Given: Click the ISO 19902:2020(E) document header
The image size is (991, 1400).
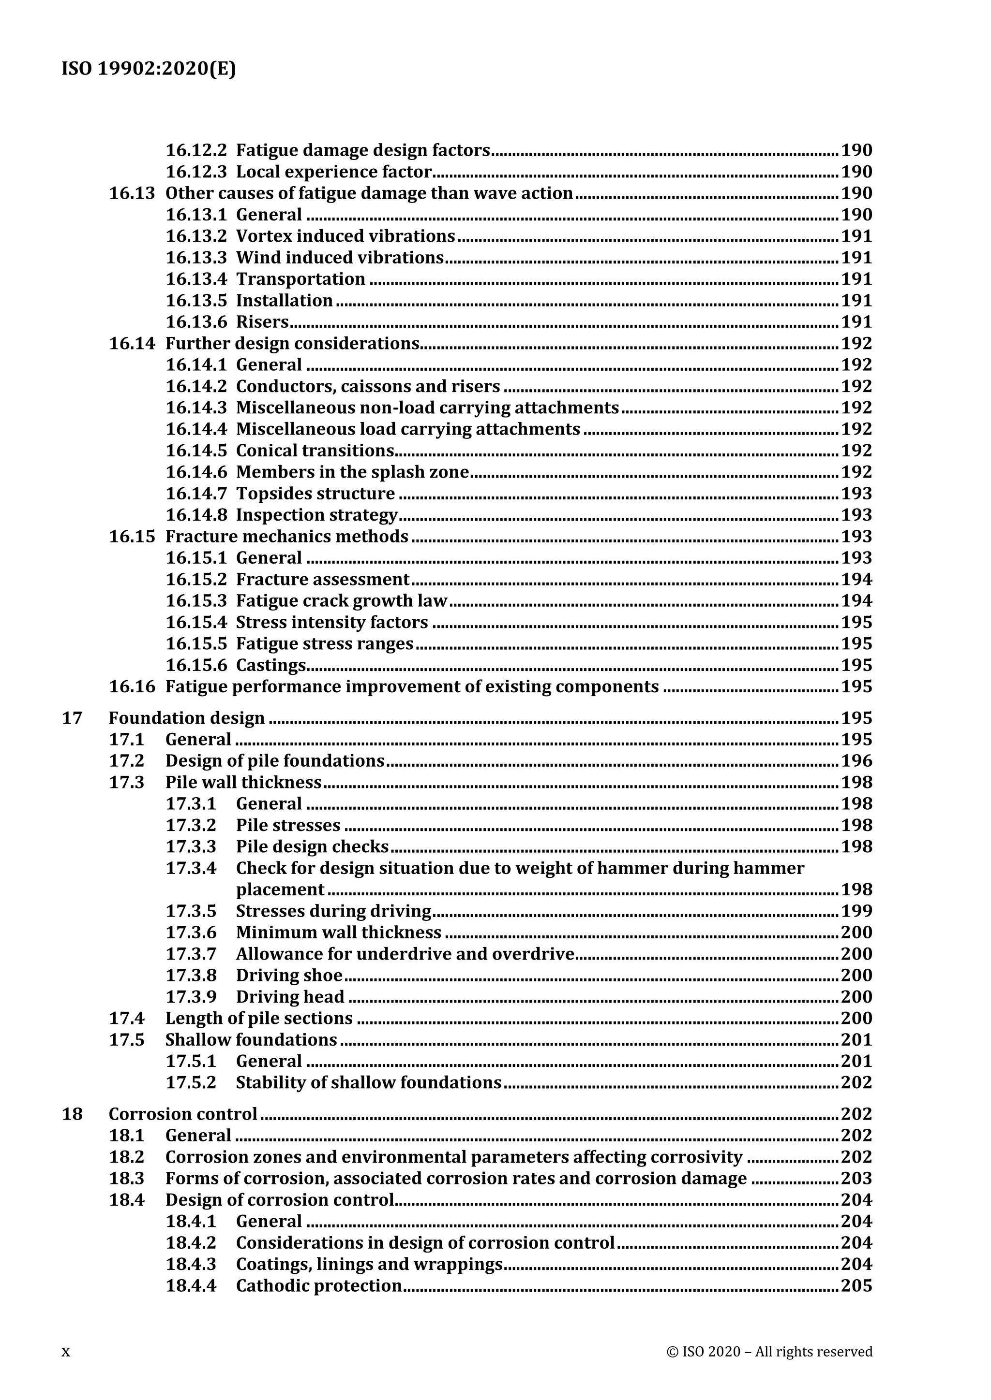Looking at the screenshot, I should (x=148, y=70).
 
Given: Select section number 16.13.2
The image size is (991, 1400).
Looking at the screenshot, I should (x=196, y=236).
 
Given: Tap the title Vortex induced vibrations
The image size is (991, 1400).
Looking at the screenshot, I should (x=345, y=236).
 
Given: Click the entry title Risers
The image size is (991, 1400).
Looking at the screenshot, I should (x=262, y=322).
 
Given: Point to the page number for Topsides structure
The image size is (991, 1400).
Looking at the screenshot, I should (x=856, y=493).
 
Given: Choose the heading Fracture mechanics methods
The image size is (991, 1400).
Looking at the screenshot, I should (x=287, y=537).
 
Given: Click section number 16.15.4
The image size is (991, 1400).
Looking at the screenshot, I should (x=196, y=623).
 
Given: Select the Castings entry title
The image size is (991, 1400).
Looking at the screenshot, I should (x=271, y=665).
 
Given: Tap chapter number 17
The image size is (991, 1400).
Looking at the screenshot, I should (x=72, y=718).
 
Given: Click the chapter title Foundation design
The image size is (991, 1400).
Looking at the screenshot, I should (x=187, y=718).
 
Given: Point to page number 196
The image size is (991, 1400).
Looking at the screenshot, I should (x=856, y=761).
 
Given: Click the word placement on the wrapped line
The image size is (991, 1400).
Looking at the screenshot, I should (x=280, y=890).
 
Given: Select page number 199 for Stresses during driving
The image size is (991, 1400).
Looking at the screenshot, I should (x=856, y=911).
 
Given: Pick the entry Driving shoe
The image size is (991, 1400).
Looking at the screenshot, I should (x=289, y=976).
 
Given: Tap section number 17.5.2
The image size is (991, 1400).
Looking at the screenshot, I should (x=191, y=1083).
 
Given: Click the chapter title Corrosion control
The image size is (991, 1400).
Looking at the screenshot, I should (x=183, y=1114).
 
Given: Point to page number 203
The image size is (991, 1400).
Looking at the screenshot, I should (x=856, y=1179).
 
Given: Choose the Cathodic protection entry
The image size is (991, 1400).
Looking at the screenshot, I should (x=318, y=1286).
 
